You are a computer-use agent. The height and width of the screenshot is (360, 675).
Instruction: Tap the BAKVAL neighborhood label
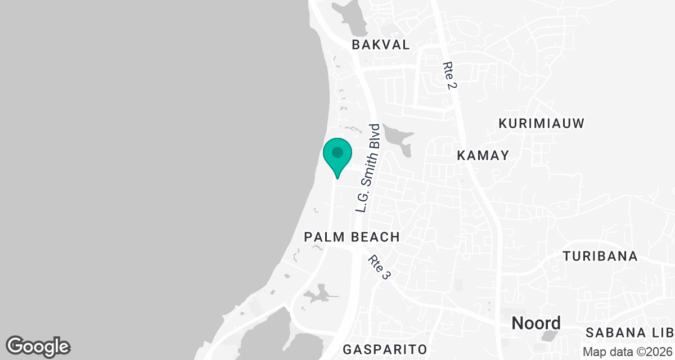pos(380,45)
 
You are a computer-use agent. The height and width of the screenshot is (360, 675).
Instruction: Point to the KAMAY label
pos(483,155)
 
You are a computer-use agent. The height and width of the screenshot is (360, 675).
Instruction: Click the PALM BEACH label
pos(352,237)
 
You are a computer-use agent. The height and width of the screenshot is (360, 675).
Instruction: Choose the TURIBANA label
pos(600,256)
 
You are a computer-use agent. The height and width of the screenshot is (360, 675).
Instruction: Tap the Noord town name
pos(536,323)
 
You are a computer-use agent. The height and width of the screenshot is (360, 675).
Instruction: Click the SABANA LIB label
pos(629,332)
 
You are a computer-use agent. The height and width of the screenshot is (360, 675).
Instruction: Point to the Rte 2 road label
pos(449,75)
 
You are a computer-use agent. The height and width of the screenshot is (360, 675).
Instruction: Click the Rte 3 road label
pos(379,268)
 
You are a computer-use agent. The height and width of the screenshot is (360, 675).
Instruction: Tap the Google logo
pos(38,346)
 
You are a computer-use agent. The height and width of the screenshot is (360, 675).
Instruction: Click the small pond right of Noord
pos(547,336)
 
